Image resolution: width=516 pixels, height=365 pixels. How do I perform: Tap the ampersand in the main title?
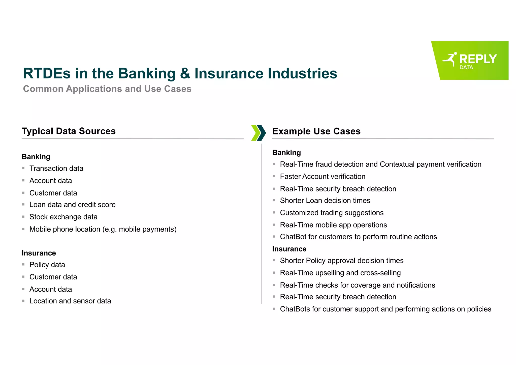(185, 73)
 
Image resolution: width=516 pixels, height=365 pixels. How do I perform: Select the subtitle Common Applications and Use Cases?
(107, 89)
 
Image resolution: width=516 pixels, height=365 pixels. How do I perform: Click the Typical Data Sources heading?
(69, 131)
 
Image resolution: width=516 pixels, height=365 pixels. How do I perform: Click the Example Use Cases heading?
(316, 131)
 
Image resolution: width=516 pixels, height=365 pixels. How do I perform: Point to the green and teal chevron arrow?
(259, 133)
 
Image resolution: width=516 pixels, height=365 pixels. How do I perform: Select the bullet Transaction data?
(56, 168)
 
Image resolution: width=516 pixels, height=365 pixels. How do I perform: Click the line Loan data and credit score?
(72, 205)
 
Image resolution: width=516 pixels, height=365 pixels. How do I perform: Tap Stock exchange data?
(63, 217)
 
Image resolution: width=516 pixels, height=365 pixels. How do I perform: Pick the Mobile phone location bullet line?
(103, 229)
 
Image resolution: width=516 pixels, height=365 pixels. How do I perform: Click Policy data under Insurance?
(47, 265)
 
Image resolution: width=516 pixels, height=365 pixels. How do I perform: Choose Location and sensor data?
(70, 301)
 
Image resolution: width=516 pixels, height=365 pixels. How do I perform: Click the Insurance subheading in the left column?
(39, 253)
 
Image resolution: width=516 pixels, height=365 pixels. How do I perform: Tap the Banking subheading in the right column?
(286, 153)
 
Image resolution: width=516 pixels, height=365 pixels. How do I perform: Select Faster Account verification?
(322, 176)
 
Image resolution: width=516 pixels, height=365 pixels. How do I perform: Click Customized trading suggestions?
(332, 213)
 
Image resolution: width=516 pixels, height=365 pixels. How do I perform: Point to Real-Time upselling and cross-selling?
(340, 273)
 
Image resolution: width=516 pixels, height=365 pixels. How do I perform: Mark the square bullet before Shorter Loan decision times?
(274, 200)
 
